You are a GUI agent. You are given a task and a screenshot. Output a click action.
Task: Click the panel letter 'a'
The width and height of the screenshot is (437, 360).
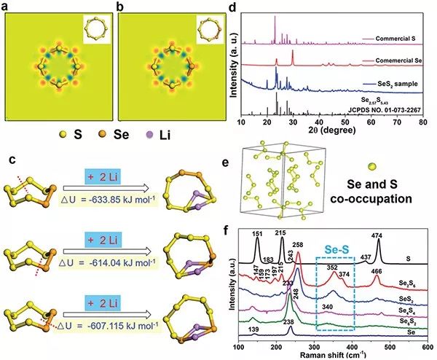(x=7, y=7)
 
